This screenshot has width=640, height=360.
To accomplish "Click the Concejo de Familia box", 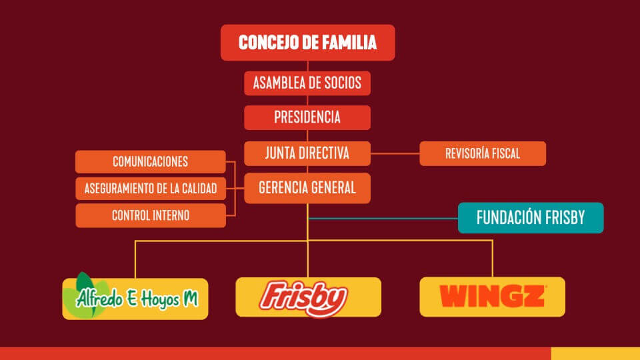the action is (308, 43).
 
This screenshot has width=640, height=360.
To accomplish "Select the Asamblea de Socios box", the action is (307, 83).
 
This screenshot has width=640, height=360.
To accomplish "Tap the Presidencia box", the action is (307, 117).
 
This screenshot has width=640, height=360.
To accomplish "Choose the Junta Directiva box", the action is (307, 153).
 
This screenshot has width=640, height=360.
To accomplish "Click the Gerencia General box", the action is (307, 188).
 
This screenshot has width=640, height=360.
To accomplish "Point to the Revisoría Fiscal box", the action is (483, 153).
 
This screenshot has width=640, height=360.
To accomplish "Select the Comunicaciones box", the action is (151, 161).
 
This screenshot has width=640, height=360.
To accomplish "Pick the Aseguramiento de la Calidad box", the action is (151, 189).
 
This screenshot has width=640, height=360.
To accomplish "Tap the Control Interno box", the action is (151, 215).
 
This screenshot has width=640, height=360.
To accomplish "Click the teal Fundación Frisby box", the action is (531, 218).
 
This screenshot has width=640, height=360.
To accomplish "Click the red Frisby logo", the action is (304, 298).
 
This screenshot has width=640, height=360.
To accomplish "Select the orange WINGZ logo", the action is (493, 296).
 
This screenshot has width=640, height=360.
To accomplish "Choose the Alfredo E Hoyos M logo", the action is (135, 299).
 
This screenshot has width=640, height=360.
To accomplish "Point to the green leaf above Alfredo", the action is (85, 281).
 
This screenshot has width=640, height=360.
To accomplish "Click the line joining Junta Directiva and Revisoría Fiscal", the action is (395, 153).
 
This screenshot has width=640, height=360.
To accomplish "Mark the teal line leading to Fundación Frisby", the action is (384, 219).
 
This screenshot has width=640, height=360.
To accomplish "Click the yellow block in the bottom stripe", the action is (595, 353).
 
